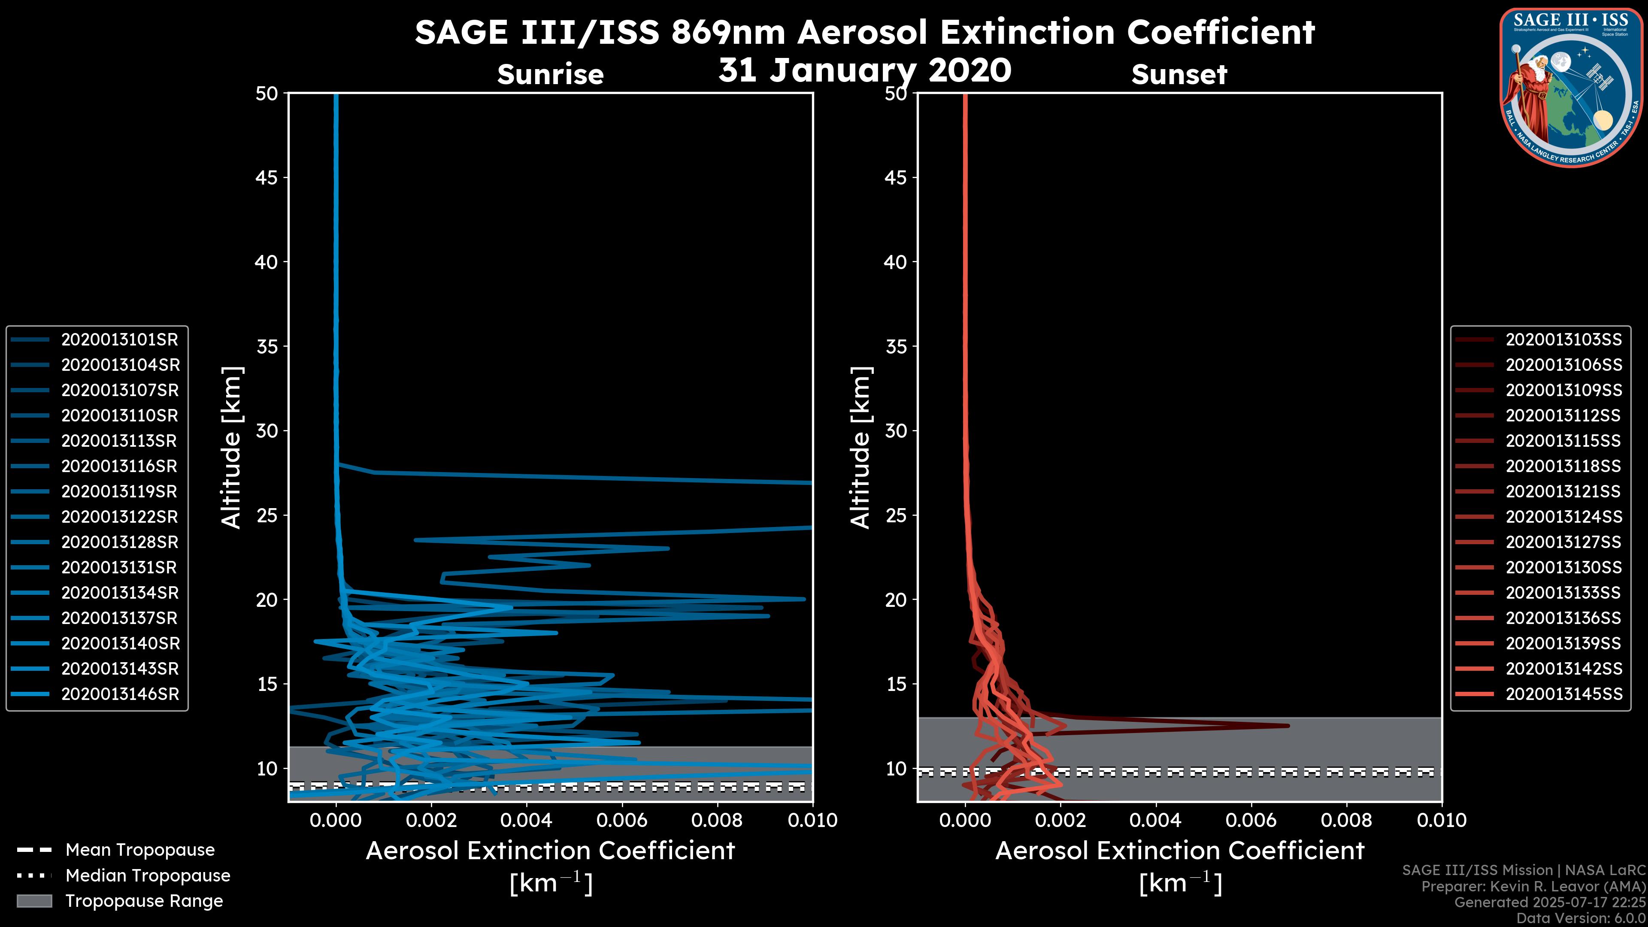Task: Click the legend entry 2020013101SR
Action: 119,340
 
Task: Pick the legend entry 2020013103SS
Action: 1563,340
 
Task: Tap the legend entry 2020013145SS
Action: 1563,694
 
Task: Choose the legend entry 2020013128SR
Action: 119,542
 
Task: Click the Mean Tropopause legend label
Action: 140,850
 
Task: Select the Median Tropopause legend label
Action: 148,876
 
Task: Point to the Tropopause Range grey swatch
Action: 34,901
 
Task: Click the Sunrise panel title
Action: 550,75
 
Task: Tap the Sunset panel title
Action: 1179,75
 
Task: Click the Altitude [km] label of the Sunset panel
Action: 860,448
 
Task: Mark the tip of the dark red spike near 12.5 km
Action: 1288,725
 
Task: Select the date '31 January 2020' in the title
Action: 865,70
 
